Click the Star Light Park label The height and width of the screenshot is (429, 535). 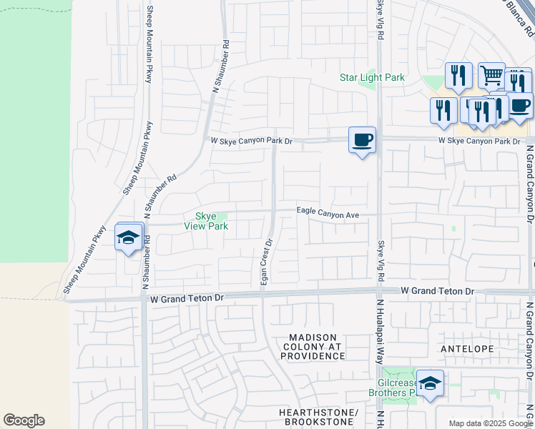pyautogui.click(x=372, y=77)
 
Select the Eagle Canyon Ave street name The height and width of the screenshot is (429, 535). pyautogui.click(x=328, y=214)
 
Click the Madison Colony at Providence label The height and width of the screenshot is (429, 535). pyautogui.click(x=317, y=346)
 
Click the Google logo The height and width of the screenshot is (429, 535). pyautogui.click(x=24, y=420)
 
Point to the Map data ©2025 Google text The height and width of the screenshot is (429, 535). pyautogui.click(x=491, y=423)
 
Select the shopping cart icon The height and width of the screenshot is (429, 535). pyautogui.click(x=491, y=74)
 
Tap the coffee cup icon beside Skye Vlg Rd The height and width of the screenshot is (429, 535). pyautogui.click(x=363, y=139)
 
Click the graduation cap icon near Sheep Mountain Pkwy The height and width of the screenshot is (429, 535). pyautogui.click(x=129, y=237)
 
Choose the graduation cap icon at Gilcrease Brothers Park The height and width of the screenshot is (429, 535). pyautogui.click(x=430, y=384)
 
